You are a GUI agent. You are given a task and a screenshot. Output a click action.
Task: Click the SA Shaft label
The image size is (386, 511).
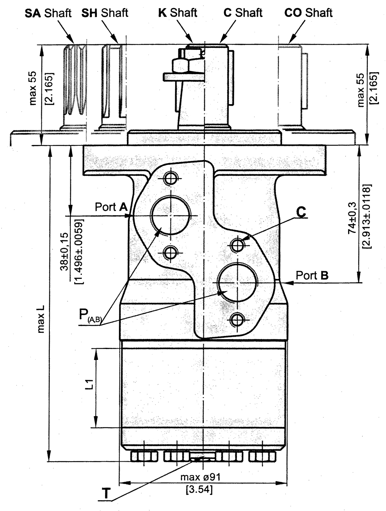(x=48, y=13)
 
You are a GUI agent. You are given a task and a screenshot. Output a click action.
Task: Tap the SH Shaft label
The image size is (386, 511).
(x=105, y=13)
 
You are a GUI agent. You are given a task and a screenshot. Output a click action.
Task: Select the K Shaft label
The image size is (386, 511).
(x=178, y=13)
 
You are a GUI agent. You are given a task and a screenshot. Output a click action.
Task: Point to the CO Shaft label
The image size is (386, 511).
(x=308, y=13)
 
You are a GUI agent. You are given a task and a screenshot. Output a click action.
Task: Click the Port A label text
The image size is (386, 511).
(x=111, y=207)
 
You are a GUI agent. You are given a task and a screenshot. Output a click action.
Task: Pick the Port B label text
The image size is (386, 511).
(x=312, y=275)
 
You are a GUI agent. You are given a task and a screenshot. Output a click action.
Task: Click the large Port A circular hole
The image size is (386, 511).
(x=170, y=215)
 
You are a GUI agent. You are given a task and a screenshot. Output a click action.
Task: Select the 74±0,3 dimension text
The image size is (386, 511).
(x=352, y=219)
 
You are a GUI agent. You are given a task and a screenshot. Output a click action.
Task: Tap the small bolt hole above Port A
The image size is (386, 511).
(x=170, y=178)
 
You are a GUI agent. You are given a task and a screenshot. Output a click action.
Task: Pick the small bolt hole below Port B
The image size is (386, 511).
(x=237, y=319)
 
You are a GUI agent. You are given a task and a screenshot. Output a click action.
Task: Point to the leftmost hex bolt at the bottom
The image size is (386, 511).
(x=144, y=457)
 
